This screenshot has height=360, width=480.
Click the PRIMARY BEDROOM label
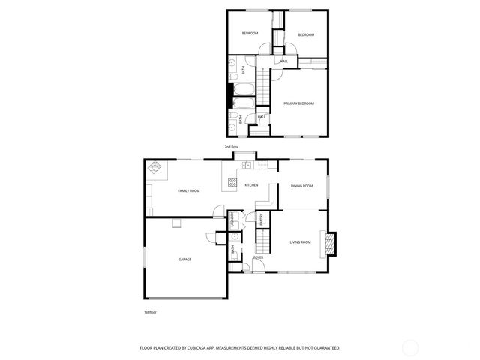pos(298,103)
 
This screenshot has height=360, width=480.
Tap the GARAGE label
pos(184,259)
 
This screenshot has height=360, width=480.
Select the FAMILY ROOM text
pos(188,191)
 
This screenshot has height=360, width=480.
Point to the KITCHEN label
pos(251,185)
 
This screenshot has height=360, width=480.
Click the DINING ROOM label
pos(301,186)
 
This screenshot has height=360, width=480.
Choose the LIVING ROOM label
pos(300,241)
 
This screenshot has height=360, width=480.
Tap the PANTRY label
pos(261,220)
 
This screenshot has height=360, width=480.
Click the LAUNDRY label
pos(233,221)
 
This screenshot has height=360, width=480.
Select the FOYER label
pos(257,257)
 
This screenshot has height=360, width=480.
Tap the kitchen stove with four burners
pos(232,181)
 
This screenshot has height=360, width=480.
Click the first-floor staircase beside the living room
pos(262,241)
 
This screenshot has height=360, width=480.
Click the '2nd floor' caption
pos(232,147)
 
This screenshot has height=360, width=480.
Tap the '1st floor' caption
pos(150,312)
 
